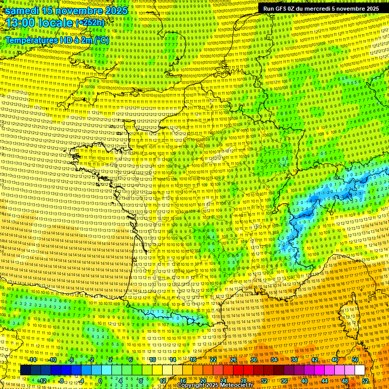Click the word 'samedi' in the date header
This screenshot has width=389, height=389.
click(23, 11)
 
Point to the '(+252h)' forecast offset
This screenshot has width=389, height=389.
click(90, 23)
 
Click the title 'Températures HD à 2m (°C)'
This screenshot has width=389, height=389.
click(57, 39)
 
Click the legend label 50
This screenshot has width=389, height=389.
click(355, 360)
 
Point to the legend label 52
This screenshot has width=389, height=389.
click(365, 381)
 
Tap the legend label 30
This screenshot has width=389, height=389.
click(253, 360)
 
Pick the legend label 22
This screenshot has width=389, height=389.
click(213, 360)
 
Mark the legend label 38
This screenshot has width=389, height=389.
click(294, 360)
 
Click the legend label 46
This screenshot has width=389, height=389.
click(334, 360)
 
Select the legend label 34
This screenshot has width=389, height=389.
click(274, 360)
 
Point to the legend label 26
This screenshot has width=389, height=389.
click(234, 360)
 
